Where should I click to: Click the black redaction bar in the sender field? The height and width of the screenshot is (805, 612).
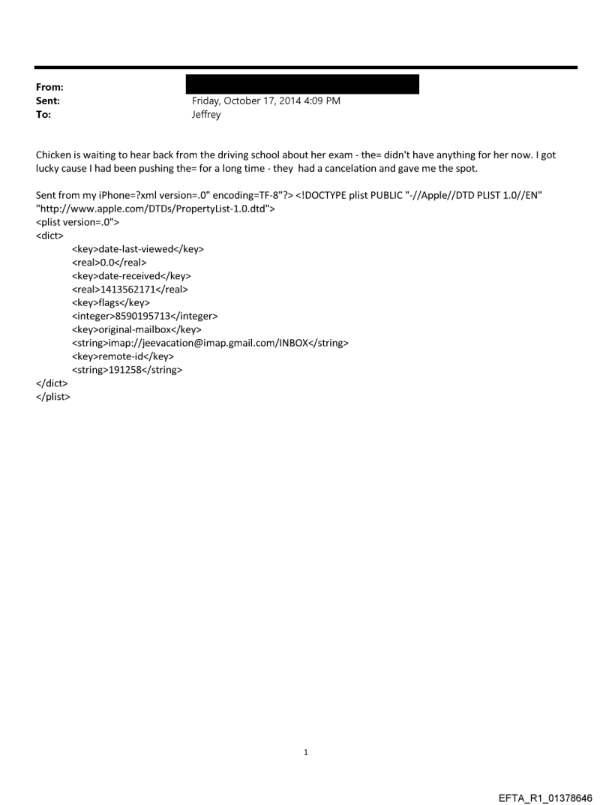[x=301, y=84]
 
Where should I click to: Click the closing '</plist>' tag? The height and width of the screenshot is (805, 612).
[x=52, y=396]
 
